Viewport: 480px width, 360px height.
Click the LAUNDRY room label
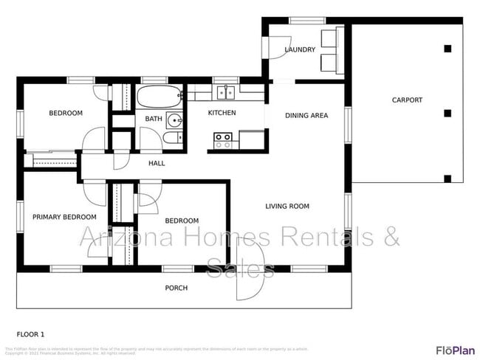[300, 50]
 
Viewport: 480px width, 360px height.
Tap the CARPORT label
[407, 100]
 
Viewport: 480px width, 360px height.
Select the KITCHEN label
[222, 113]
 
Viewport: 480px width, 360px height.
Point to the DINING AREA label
[306, 115]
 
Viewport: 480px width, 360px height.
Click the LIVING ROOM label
[287, 207]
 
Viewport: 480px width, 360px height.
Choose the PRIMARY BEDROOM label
[64, 217]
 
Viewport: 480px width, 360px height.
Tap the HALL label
[157, 163]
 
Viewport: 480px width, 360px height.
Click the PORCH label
[176, 288]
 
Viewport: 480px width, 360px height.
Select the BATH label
[154, 119]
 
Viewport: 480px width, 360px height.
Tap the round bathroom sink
[174, 121]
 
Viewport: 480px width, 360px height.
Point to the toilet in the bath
[170, 139]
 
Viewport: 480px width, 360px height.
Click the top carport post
[447, 49]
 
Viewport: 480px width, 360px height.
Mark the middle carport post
[447, 113]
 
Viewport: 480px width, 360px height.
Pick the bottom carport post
[447, 177]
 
